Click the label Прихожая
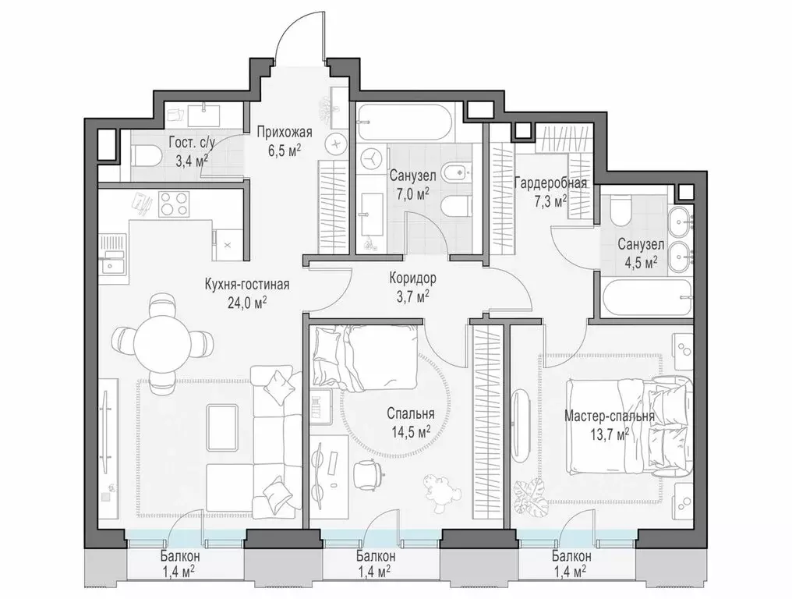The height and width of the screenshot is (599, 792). [x=285, y=132]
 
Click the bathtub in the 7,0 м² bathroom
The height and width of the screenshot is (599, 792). [x=402, y=121]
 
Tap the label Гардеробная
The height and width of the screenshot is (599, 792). [x=550, y=183]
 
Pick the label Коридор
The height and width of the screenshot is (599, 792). [x=412, y=278]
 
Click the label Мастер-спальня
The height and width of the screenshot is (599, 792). [x=609, y=416]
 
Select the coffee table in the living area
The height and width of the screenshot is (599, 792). [x=223, y=426]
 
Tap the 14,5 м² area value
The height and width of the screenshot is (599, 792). [x=411, y=431]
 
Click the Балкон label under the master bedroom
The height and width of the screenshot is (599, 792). [x=571, y=557]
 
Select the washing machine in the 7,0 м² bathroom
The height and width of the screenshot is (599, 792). [x=371, y=158]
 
